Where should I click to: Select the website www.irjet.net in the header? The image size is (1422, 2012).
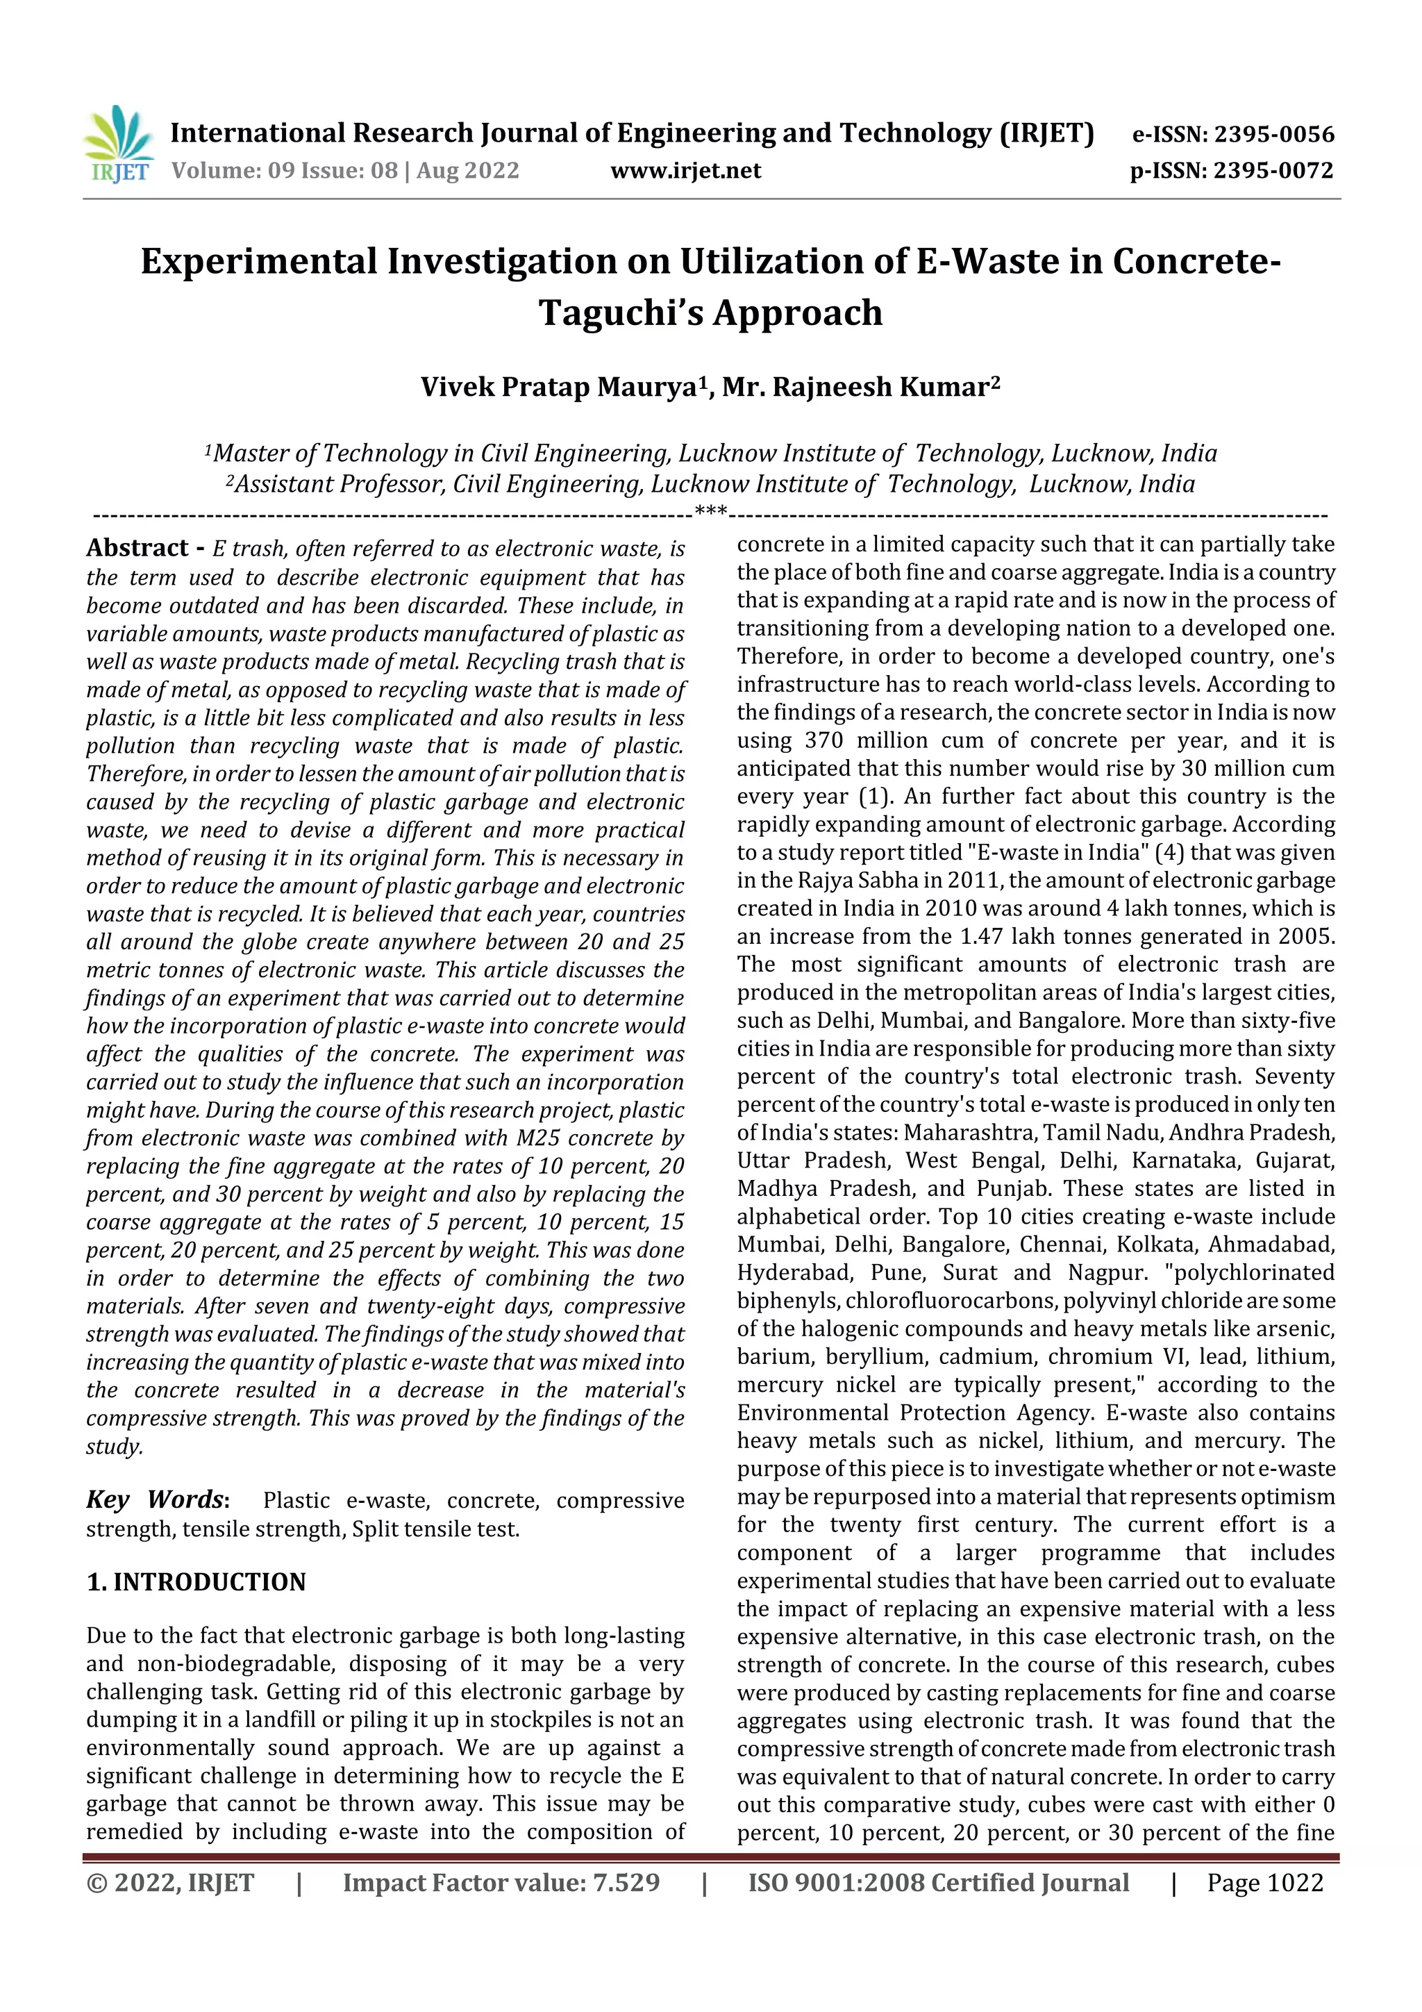click(x=685, y=171)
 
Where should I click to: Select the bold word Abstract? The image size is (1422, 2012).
click(x=137, y=549)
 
